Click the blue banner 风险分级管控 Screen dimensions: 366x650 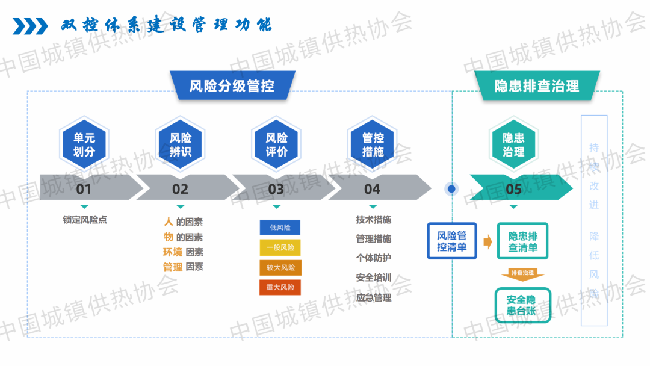coord(232,85)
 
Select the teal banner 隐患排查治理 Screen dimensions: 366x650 coord(537,85)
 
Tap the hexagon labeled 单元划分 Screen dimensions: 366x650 coord(84,145)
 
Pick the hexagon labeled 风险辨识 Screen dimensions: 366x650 coord(180,145)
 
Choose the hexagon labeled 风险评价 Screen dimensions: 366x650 coord(276,145)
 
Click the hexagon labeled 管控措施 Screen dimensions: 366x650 coord(373,145)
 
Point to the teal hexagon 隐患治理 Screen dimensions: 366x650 coord(513,145)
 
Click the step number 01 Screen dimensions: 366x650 coord(84,189)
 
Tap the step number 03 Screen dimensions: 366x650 coord(276,189)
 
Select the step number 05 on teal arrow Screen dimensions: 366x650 coord(514,189)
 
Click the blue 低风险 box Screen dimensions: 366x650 coord(280,228)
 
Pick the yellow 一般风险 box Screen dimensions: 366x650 coord(280,247)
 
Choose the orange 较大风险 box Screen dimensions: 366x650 coord(280,267)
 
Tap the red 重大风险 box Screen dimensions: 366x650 coord(280,287)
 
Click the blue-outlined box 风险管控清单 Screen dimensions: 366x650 coord(452,241)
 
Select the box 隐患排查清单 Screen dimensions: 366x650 coord(522,241)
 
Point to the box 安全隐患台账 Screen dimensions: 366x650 coord(522,305)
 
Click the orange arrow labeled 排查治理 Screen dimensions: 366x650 coord(522,274)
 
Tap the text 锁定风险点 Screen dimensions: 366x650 coord(84,220)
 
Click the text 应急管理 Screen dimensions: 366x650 coord(374,297)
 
